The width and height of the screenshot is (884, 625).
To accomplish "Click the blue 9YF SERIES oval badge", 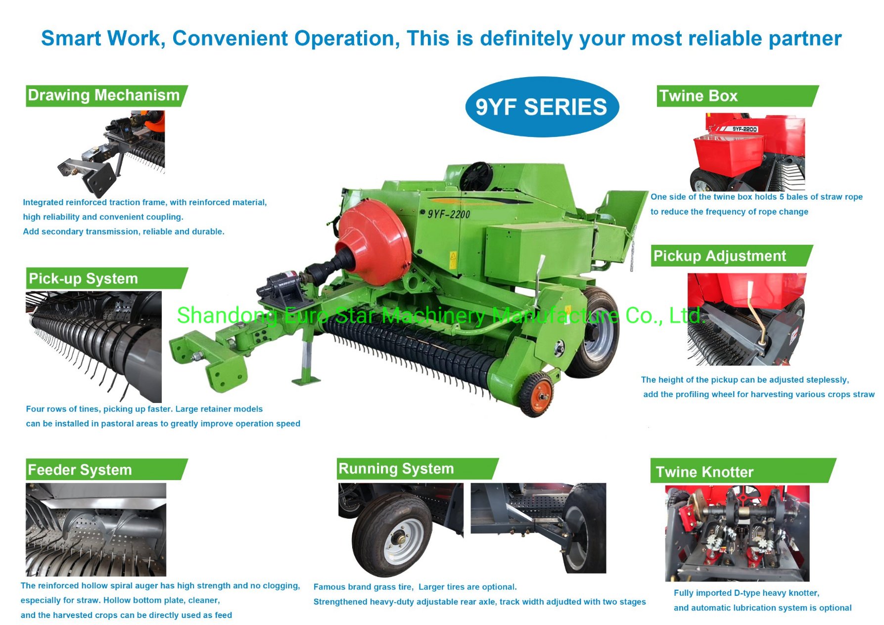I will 542,107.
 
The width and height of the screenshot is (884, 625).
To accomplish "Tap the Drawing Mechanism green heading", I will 104,95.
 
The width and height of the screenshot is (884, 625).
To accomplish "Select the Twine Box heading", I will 698,96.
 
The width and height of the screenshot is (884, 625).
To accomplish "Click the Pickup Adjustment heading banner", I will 720,256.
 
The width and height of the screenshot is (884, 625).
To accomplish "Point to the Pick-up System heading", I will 84,279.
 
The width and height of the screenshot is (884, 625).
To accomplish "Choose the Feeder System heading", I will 80,470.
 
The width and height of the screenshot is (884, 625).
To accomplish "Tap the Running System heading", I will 396,469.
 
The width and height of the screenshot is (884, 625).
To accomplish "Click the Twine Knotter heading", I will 705,472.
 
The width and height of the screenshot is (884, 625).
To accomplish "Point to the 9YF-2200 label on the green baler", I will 449,214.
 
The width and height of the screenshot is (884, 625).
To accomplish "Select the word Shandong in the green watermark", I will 227,316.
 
